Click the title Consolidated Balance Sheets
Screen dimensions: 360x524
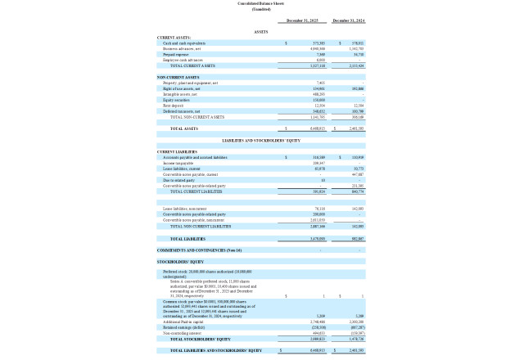(x=261, y=4)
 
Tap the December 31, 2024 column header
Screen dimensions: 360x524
(x=348, y=20)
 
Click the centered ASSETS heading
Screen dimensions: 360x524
(x=261, y=32)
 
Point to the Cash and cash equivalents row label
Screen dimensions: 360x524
(x=184, y=43)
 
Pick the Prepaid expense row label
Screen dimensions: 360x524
(x=176, y=54)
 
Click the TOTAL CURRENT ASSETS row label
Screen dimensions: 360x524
(x=192, y=65)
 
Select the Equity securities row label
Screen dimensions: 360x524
(x=177, y=100)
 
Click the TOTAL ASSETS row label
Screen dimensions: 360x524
(x=183, y=128)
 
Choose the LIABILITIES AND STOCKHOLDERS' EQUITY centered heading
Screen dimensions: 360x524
(x=261, y=141)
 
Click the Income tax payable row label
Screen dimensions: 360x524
(x=179, y=163)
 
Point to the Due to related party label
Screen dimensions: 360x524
(x=179, y=180)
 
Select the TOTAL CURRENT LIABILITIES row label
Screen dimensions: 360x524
(x=197, y=191)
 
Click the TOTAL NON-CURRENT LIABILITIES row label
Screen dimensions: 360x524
(x=201, y=226)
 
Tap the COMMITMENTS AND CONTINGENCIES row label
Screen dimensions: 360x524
(x=199, y=250)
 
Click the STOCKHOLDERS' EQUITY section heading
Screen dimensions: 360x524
(x=180, y=262)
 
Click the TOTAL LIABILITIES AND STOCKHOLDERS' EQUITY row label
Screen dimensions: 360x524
(x=215, y=350)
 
